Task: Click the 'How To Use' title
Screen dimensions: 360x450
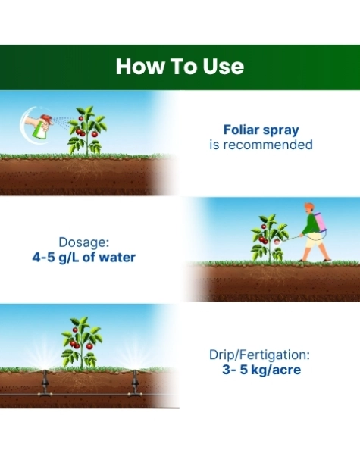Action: (180, 67)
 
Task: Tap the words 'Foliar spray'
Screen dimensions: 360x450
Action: (261, 130)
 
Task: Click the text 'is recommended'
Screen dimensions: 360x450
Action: (261, 145)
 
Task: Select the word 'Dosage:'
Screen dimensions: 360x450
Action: (84, 242)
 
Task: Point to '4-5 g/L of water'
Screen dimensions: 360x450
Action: (84, 258)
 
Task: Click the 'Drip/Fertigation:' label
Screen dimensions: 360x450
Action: (259, 355)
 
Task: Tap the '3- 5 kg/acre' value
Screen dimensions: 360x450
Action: (261, 370)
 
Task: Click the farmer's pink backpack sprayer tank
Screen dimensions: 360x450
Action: (321, 222)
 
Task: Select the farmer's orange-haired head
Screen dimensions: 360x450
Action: (309, 208)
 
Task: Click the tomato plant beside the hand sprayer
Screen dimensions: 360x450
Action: (87, 130)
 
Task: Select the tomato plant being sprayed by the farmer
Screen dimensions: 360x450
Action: (269, 238)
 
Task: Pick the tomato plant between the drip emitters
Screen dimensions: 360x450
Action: (82, 342)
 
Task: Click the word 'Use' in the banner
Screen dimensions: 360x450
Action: (224, 67)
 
